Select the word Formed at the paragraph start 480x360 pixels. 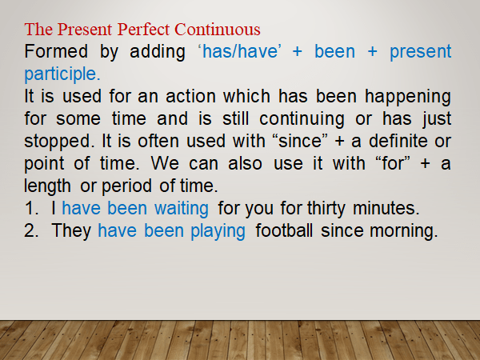52,52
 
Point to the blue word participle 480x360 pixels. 62,74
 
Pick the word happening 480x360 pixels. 406,97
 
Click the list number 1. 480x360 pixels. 31,209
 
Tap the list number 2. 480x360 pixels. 32,231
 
